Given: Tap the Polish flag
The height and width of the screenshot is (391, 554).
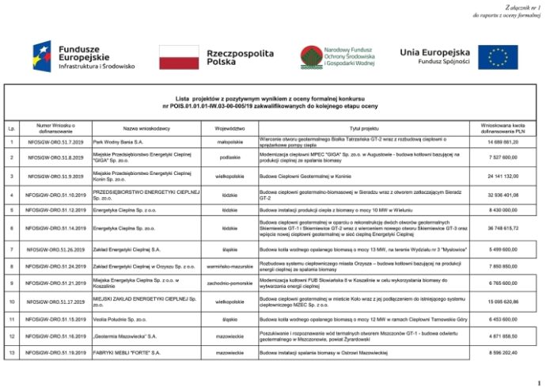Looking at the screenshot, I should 179,57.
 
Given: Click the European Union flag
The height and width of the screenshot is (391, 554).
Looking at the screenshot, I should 498,57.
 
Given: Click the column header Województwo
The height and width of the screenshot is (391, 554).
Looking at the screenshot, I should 230,127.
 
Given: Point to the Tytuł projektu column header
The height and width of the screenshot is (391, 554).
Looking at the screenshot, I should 365,127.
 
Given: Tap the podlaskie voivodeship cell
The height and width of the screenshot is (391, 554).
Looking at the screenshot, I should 230,158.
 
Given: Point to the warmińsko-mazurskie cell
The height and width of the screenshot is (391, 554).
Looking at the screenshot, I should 230,266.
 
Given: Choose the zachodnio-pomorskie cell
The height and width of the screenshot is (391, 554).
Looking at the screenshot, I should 230,283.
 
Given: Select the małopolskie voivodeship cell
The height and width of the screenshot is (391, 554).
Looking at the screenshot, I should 230,142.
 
